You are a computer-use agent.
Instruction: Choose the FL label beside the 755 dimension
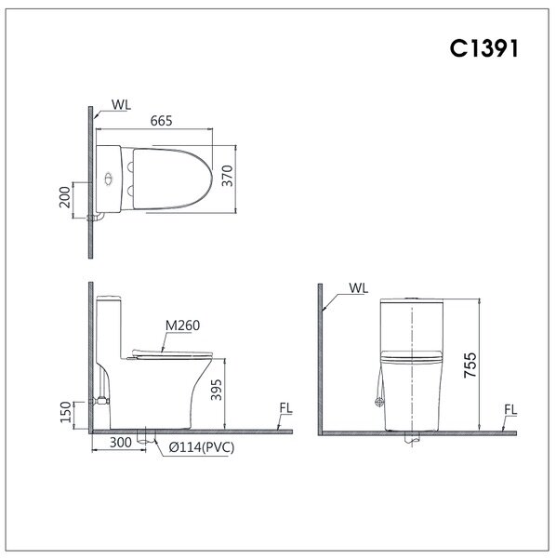(x=510, y=408)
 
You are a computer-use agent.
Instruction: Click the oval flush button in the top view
(x=109, y=177)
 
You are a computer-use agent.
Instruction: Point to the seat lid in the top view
(x=172, y=177)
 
